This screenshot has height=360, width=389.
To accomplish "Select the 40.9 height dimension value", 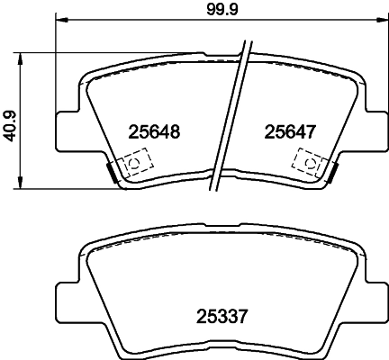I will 10,121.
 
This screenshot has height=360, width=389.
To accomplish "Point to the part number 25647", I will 289,131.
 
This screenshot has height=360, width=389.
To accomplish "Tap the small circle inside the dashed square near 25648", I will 134,165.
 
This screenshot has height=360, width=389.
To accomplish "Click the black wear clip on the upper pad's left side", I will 112,171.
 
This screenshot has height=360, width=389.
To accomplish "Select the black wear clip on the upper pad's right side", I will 331,171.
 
